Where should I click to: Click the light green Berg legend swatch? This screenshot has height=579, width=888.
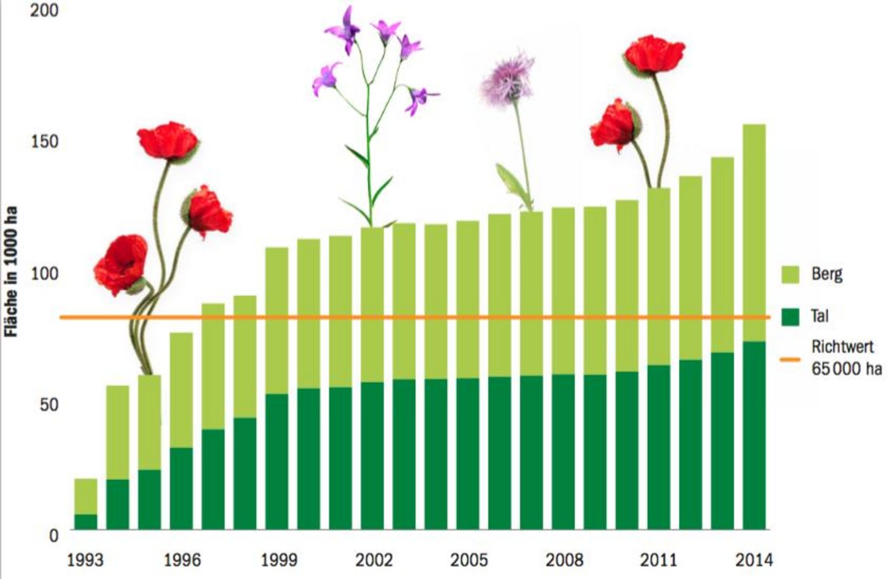[790, 274]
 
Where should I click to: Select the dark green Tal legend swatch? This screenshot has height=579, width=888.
[790, 316]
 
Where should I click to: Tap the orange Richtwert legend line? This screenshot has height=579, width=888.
[790, 359]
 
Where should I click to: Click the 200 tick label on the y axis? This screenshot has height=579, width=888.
[44, 11]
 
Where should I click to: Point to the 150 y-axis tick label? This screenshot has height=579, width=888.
[44, 141]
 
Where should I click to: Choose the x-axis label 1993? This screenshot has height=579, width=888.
[86, 560]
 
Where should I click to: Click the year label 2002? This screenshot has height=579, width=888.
[374, 560]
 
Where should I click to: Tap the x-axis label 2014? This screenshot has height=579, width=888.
[754, 560]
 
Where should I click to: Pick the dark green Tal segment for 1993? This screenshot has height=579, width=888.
[86, 522]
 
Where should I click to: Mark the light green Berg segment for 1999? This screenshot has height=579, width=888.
[277, 321]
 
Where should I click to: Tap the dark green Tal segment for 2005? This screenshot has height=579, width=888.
[468, 454]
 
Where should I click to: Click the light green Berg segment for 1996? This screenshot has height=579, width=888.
[181, 390]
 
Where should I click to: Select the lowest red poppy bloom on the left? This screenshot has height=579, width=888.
[121, 263]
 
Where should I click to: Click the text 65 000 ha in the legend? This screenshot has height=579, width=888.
[846, 368]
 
